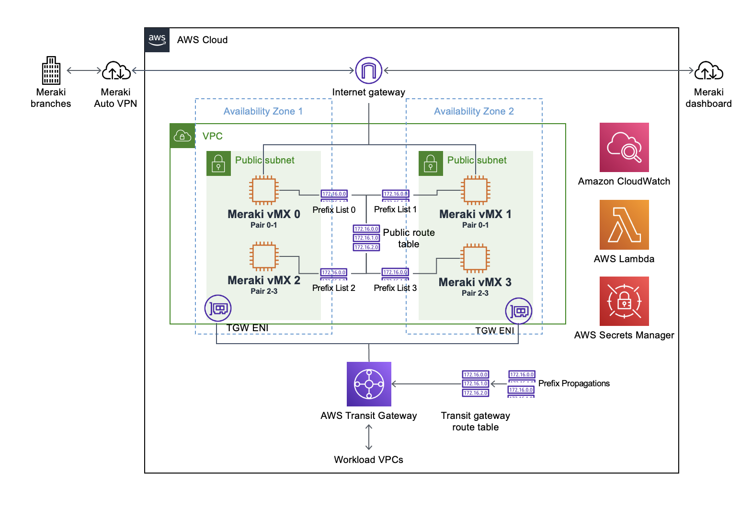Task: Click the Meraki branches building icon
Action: pyautogui.click(x=51, y=70)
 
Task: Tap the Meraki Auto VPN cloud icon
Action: pyautogui.click(x=116, y=70)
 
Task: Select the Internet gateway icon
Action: pyautogui.click(x=368, y=70)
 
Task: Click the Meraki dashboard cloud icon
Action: pyautogui.click(x=708, y=70)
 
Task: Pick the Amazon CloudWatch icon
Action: pyautogui.click(x=624, y=147)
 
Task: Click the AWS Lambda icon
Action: pyautogui.click(x=624, y=225)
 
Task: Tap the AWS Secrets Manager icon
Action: pyautogui.click(x=624, y=301)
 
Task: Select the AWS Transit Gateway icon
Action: pyautogui.click(x=369, y=384)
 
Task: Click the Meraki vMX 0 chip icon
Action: pyautogui.click(x=263, y=190)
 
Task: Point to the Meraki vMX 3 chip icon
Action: pyautogui.click(x=475, y=258)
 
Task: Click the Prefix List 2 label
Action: pyautogui.click(x=334, y=288)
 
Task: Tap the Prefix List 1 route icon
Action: pyautogui.click(x=395, y=195)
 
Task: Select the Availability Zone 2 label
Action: pyautogui.click(x=474, y=111)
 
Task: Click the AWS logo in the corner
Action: pyautogui.click(x=157, y=40)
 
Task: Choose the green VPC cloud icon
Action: pyautogui.click(x=182, y=136)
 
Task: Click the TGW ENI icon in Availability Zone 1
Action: pyautogui.click(x=218, y=308)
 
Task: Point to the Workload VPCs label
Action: pyautogui.click(x=368, y=460)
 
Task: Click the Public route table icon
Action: pyautogui.click(x=366, y=238)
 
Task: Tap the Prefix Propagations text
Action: pyautogui.click(x=574, y=383)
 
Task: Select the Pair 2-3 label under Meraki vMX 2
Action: pyautogui.click(x=264, y=291)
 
